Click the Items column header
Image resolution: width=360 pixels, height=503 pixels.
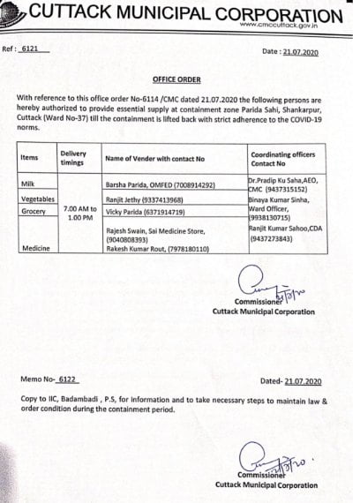pyautogui.click(x=29, y=157)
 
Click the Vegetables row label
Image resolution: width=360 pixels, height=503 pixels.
pyautogui.click(x=36, y=199)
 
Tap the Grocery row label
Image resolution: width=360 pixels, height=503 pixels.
pyautogui.click(x=32, y=212)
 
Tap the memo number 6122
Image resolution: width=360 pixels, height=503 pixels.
pyautogui.click(x=67, y=379)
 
